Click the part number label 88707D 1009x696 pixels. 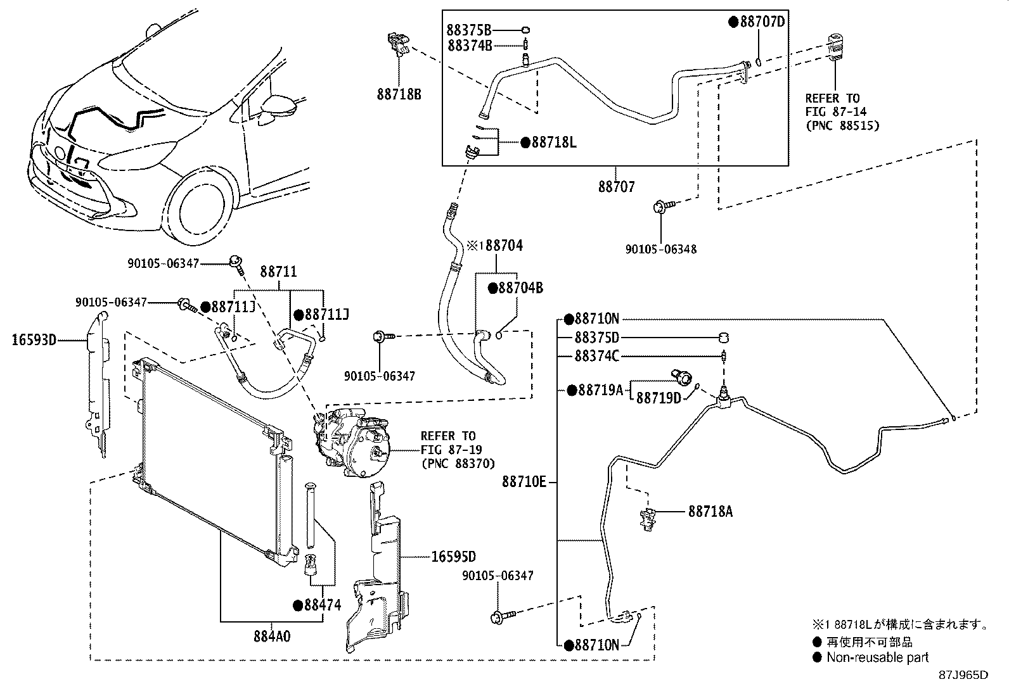coord(762,21)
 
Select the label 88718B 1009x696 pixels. coord(399,94)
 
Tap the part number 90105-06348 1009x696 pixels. coord(661,249)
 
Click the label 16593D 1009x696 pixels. coord(34,340)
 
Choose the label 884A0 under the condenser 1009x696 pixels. coord(272,636)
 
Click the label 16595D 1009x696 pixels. coord(454,557)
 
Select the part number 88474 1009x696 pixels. coord(323,605)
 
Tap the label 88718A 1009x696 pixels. coord(710,512)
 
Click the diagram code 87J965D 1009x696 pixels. coord(963,675)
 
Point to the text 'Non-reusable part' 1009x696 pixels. coord(877,657)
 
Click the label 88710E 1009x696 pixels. coord(524,482)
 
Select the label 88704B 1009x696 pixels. coord(521,288)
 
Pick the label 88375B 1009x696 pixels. coord(469,30)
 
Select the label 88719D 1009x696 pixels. coord(659,398)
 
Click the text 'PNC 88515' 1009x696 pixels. coord(843,125)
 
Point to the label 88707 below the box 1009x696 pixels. coord(616,186)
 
